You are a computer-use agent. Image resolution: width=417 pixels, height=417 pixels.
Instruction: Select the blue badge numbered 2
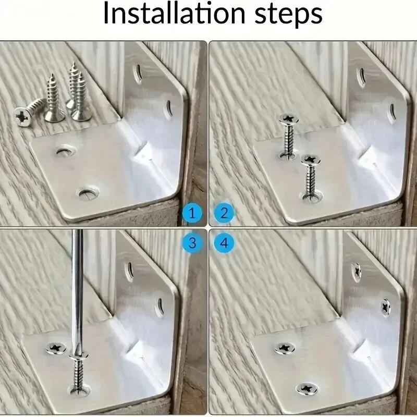pos(224,213)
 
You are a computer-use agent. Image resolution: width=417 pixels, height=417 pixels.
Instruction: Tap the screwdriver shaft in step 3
pos(78,292)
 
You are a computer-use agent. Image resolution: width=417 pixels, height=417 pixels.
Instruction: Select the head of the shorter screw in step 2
pos(310,159)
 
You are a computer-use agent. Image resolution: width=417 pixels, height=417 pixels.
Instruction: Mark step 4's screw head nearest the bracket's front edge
pos(306,388)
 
